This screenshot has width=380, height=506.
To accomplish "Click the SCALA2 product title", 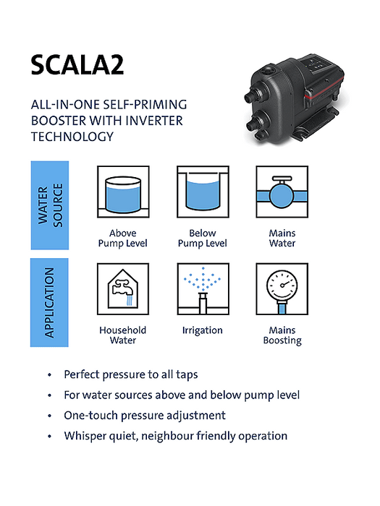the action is click(77, 65).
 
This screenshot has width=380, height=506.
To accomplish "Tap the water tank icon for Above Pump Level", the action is click(123, 192).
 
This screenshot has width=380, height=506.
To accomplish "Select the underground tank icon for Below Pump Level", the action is click(203, 192).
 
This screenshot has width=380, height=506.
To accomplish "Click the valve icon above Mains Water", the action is click(282, 192).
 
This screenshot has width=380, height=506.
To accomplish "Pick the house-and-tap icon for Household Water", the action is click(123, 289).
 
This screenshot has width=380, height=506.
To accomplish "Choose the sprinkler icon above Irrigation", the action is click(203, 289).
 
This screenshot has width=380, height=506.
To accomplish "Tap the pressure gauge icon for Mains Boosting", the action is click(282, 289).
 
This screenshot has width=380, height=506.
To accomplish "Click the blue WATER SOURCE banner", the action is click(50, 205).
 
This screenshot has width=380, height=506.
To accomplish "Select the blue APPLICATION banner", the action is click(49, 302).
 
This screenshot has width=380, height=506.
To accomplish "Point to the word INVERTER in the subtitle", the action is click(153, 121).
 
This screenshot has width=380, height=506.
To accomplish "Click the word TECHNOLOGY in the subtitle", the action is click(72, 137).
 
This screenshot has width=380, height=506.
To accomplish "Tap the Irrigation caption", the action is click(202, 330).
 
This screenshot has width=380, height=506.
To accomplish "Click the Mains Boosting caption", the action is click(282, 335).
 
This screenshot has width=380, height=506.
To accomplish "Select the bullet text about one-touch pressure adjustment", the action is click(145, 416).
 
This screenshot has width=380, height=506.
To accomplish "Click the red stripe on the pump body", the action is click(321, 95).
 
